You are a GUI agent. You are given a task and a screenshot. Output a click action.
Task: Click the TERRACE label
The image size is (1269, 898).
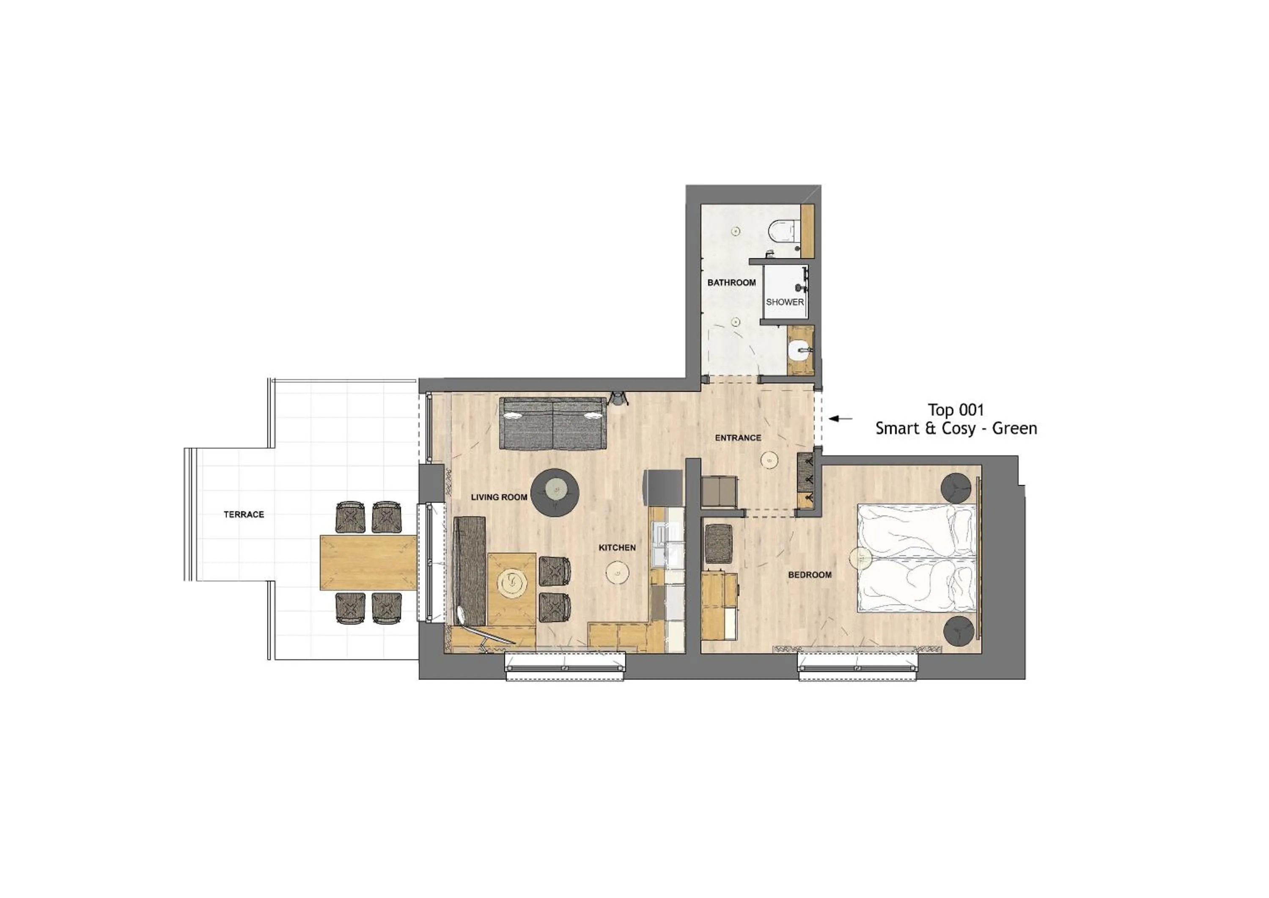[244, 514]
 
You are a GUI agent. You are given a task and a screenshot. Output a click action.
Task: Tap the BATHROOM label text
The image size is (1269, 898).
[731, 283]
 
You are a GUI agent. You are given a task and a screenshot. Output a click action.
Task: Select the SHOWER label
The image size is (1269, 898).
[784, 302]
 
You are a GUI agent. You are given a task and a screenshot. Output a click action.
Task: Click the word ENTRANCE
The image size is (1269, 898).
[738, 438]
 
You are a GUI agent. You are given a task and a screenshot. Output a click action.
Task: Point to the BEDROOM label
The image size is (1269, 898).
[810, 575]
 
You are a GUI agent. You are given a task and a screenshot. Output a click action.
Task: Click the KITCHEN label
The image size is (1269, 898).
[617, 548]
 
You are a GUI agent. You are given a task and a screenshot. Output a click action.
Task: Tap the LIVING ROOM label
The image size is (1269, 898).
[499, 497]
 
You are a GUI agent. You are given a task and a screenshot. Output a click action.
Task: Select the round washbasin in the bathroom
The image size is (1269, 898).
[799, 350]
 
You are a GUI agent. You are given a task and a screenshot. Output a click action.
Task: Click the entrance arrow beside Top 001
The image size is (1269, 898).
[840, 419]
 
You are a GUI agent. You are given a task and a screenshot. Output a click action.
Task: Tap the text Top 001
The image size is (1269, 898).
[956, 410]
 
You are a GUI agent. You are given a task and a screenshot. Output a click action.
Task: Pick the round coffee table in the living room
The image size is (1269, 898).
[555, 493]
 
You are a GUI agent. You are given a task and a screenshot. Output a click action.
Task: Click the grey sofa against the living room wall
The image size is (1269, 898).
[552, 424]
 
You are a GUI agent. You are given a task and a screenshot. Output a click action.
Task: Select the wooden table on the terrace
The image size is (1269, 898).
[368, 562]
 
